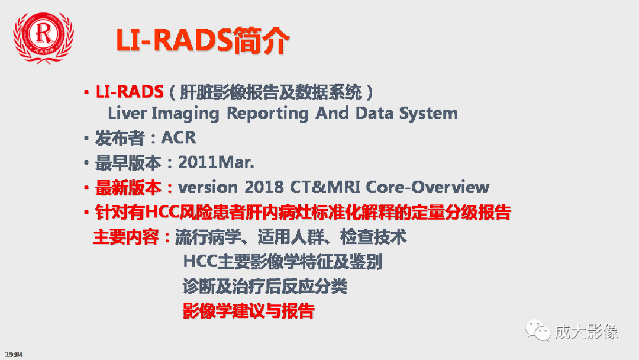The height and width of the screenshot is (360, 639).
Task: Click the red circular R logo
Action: coord(44,36)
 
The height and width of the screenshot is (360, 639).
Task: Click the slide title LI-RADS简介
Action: coord(202,41)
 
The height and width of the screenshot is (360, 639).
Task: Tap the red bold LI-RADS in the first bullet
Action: coord(130,92)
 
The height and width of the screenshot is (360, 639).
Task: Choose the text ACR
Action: coord(178,139)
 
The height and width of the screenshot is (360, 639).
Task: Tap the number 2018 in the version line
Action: coord(263,187)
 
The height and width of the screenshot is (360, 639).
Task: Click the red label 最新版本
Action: coord(128,187)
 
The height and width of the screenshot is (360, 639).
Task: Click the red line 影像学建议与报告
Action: coord(248,310)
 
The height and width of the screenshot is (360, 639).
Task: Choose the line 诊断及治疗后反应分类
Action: coord(264,286)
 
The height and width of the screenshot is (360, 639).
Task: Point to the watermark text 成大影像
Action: coord(586,330)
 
